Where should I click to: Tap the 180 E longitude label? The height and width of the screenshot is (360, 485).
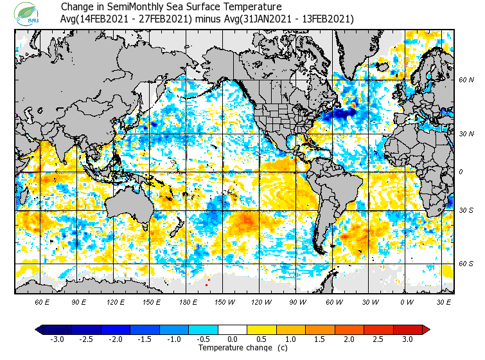pos(188,301)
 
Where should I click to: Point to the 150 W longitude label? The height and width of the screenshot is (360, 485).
pos(224,301)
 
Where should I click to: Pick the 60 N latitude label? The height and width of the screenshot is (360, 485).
pos(466,80)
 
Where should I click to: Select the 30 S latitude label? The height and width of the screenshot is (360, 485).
pos(466,211)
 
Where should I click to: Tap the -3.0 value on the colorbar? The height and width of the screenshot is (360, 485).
pos(57,339)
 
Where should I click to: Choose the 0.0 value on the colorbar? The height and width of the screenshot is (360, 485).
pos(232,339)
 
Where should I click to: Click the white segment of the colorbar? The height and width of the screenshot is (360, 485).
pos(232,329)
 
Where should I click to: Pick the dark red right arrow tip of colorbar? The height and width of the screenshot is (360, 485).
pos(426,329)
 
